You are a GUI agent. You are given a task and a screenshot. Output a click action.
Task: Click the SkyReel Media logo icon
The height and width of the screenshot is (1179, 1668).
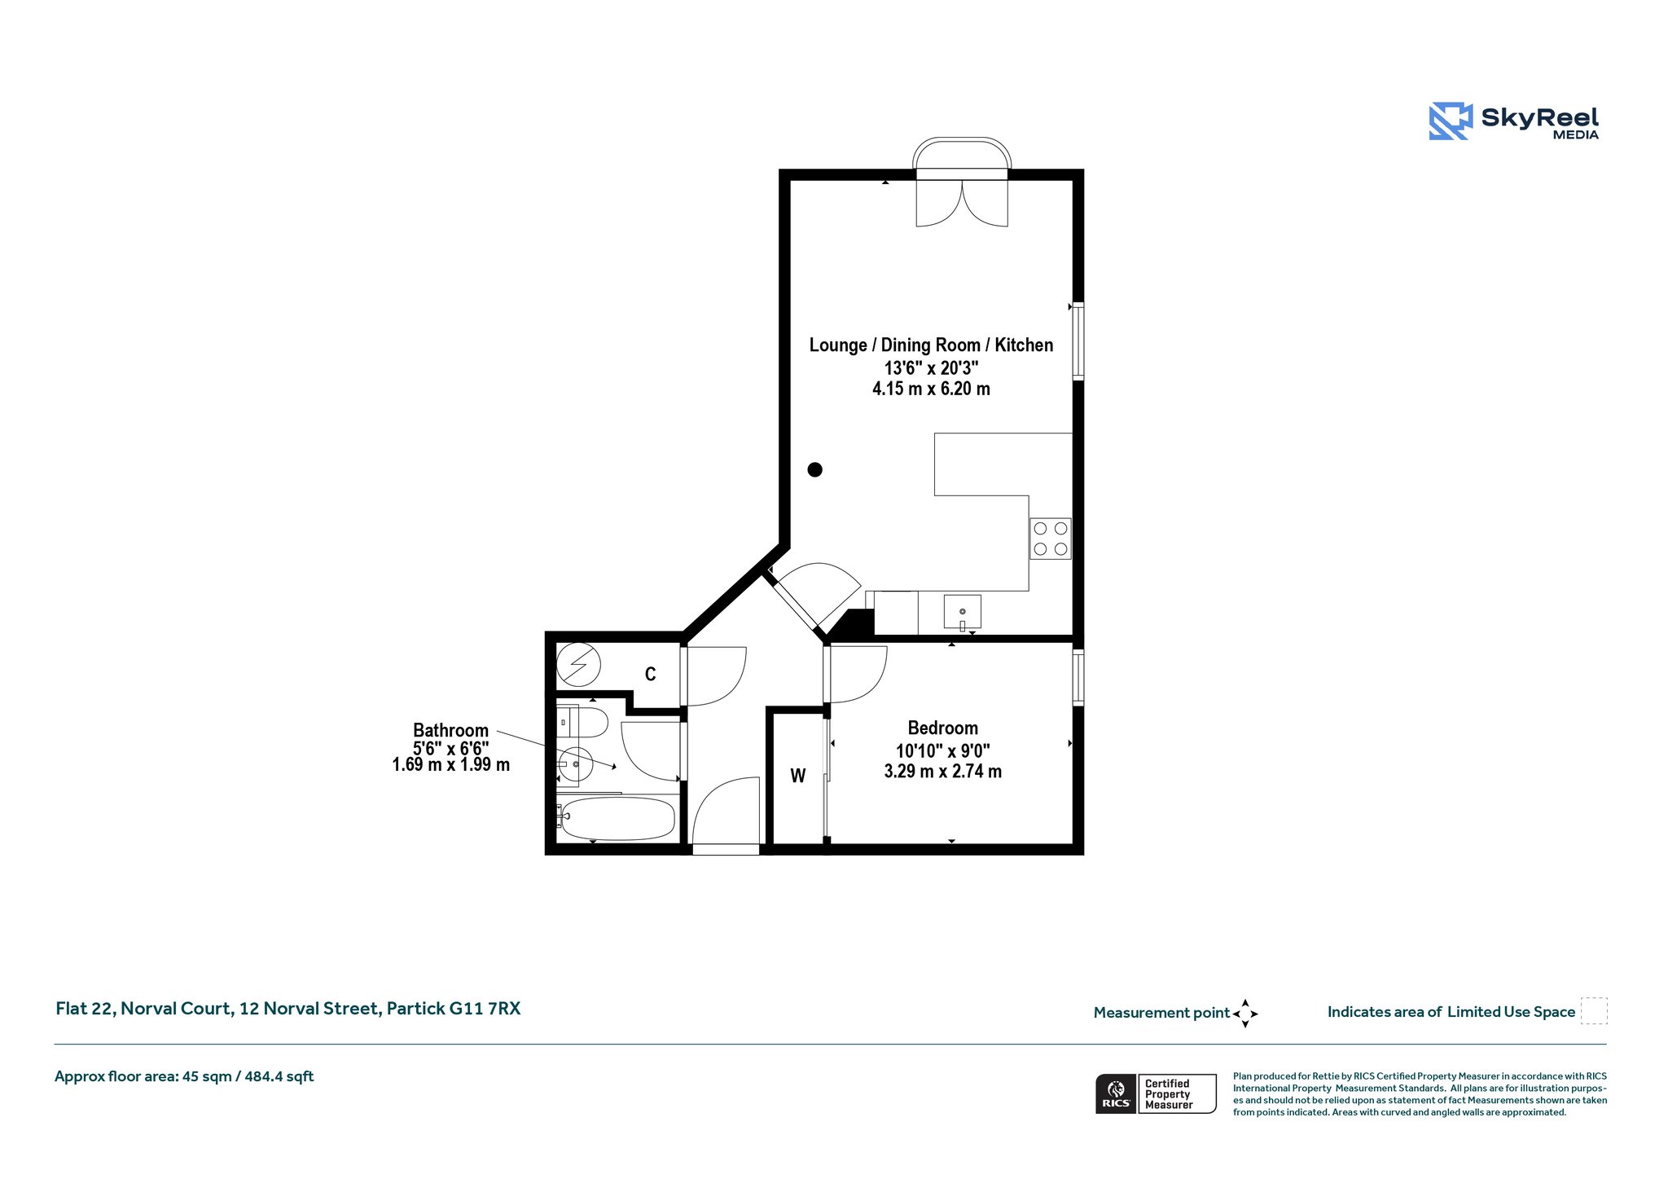click(x=1451, y=121)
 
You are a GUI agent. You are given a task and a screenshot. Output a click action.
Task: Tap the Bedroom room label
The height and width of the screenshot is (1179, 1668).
click(x=943, y=728)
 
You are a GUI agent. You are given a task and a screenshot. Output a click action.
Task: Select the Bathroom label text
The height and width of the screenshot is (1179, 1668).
click(x=450, y=730)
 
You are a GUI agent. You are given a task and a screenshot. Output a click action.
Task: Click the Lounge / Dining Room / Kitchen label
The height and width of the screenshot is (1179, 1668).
click(x=931, y=345)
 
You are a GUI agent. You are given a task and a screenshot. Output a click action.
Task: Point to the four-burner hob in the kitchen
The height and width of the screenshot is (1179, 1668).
click(x=1051, y=539)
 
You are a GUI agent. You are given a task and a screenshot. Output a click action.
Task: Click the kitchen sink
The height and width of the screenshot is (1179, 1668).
click(x=963, y=612)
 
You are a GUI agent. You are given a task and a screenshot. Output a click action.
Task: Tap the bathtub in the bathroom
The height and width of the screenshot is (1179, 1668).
click(x=617, y=819)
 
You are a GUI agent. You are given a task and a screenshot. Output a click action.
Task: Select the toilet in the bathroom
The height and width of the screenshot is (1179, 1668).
click(x=582, y=722)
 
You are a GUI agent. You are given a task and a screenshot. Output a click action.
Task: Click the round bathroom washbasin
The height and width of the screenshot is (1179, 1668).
click(x=575, y=764)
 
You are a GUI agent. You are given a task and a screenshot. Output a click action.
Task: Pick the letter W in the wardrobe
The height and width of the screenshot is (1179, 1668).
click(x=798, y=776)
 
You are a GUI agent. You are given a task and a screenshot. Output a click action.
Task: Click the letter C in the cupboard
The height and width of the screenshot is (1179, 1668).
click(x=650, y=674)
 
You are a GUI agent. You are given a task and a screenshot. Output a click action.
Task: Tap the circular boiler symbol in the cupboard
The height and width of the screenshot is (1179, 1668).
click(x=578, y=665)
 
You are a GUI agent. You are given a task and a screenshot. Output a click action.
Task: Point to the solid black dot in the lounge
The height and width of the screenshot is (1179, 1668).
click(x=814, y=469)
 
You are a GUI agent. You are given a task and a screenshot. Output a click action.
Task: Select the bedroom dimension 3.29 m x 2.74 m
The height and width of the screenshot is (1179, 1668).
click(x=943, y=771)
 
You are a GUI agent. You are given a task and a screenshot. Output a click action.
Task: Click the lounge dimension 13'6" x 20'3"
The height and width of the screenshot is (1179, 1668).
click(x=931, y=367)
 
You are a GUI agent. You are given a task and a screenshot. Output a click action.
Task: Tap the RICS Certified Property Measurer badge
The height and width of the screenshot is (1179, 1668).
click(x=1156, y=1093)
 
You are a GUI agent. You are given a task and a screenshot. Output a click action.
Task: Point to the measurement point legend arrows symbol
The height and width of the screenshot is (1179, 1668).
click(x=1245, y=1014)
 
